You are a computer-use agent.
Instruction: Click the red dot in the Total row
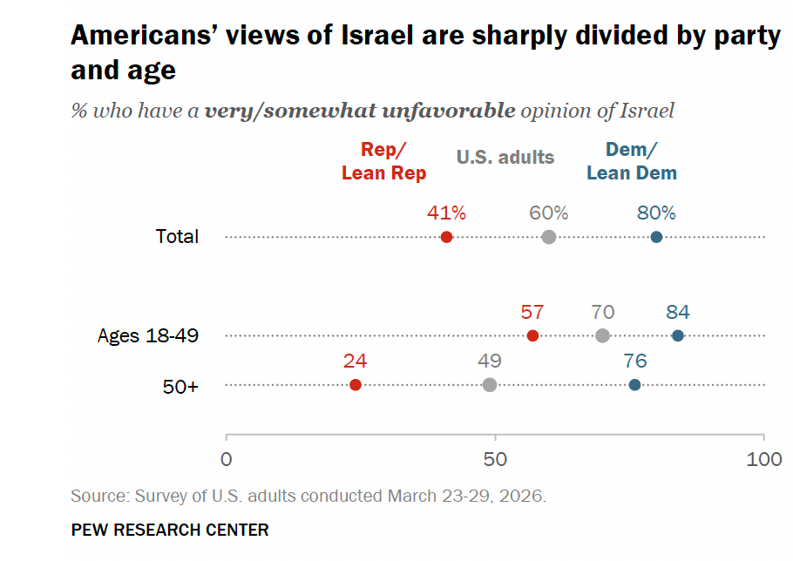coord(446,237)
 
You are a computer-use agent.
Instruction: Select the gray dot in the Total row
coord(549,237)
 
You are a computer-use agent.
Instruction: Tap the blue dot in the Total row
coord(656,237)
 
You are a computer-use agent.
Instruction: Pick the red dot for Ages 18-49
coord(532,335)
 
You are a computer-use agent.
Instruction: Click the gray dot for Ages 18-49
coord(602,335)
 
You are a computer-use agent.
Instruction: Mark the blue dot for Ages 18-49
coord(678,335)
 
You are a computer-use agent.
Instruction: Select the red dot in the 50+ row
coord(356,385)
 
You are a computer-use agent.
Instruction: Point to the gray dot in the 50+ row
coord(490,385)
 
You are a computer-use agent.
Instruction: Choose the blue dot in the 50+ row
coord(634,385)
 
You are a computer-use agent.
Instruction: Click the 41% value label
coord(446,213)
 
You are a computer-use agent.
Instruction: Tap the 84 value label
coord(678,312)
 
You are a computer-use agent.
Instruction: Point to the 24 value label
coord(355,361)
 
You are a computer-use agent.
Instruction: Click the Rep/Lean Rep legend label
coord(383,161)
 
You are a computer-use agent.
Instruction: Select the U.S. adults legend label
coord(505,157)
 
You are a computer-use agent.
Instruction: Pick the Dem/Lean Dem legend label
coord(632,161)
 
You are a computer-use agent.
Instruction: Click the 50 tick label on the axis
coord(495,459)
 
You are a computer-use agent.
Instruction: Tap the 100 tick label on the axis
coord(764,459)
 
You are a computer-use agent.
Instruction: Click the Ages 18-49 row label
coord(148,335)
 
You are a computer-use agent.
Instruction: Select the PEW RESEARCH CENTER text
coord(170,530)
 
